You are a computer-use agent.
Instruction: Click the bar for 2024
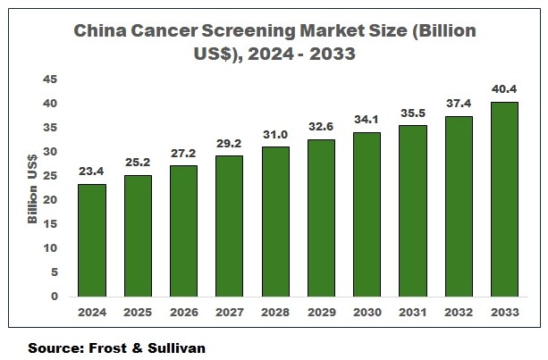[x=91, y=240]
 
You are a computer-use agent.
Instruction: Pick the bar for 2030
[x=367, y=214]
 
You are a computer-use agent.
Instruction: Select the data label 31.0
[x=274, y=135]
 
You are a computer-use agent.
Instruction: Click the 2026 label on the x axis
[x=183, y=314]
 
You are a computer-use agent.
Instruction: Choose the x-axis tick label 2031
[x=412, y=314]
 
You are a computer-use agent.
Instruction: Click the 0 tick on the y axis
[x=55, y=297]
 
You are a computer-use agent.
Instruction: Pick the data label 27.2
[x=183, y=154]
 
